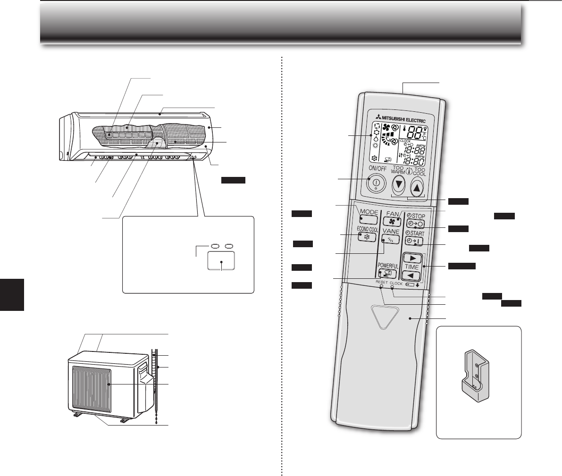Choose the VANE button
(x=388, y=239)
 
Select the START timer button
(x=414, y=242)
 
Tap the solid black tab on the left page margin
(x=11, y=294)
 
